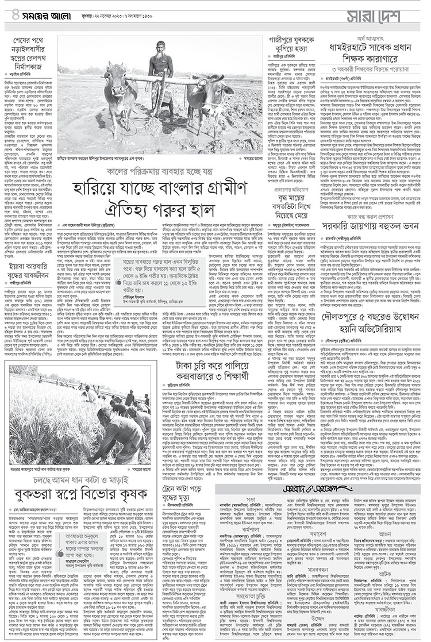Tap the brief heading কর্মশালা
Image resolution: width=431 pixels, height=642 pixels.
[251, 527]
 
